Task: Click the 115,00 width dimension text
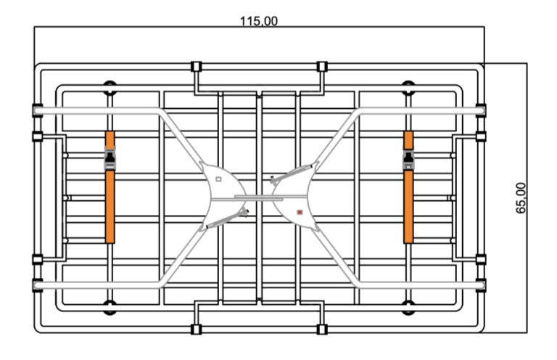click(259, 21)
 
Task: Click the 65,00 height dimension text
click(521, 198)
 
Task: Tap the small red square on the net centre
click(300, 213)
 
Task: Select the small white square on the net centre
click(218, 179)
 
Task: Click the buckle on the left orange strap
click(110, 157)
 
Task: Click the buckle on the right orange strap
click(408, 157)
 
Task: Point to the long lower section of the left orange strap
click(110, 207)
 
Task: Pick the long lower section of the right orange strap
click(408, 207)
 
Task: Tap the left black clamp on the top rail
click(196, 67)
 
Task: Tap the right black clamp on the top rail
click(322, 67)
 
